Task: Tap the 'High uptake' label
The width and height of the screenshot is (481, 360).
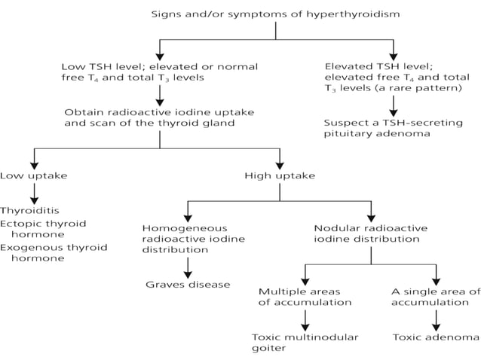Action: coord(280,175)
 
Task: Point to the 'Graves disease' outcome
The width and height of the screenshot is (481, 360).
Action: coord(188,285)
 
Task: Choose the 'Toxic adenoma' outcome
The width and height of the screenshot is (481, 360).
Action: coord(436,337)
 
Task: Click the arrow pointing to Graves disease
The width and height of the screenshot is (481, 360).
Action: coord(188,267)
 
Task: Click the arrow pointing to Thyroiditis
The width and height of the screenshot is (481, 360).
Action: coord(33,193)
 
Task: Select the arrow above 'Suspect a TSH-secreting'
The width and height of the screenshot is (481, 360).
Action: coord(393,106)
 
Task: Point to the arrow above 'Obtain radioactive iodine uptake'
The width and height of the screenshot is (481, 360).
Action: coord(159,94)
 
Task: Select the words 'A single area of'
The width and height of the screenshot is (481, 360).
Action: coord(435,291)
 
